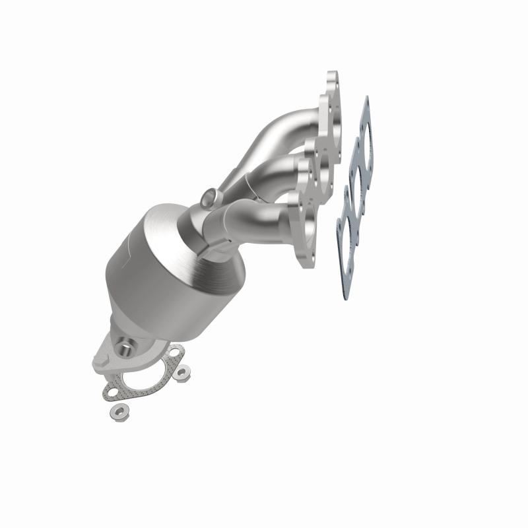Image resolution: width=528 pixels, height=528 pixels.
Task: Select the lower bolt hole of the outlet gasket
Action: point(112,394)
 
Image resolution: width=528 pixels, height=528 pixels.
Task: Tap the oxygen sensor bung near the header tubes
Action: point(209,197)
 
